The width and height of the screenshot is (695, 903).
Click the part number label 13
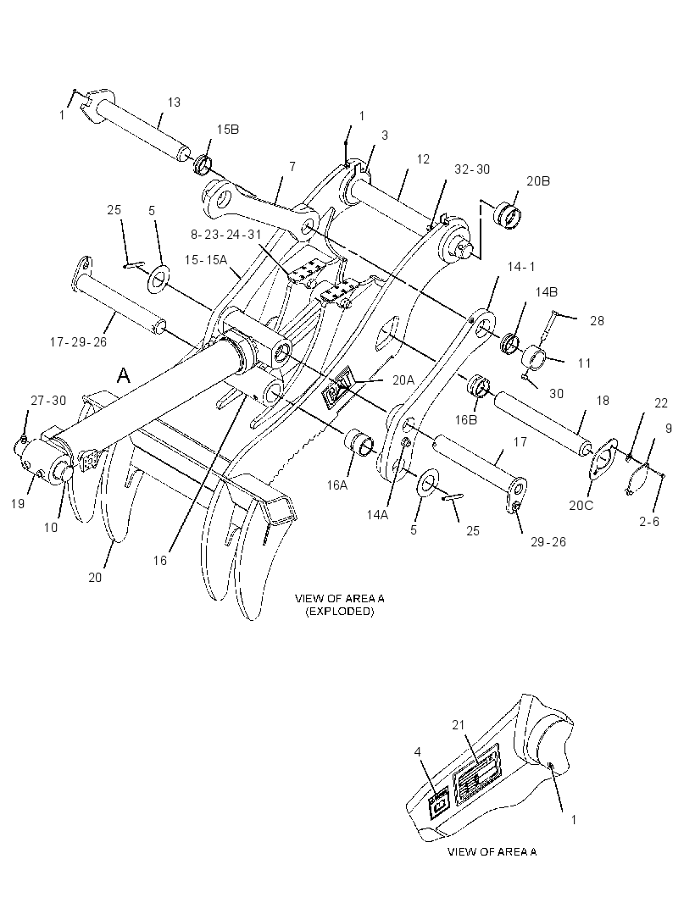coord(174,102)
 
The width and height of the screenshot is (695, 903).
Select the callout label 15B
coord(228,130)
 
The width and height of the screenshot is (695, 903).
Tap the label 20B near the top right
coord(538,180)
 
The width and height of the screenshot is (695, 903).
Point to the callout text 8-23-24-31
coord(225,235)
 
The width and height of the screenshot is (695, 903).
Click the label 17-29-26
coord(78,342)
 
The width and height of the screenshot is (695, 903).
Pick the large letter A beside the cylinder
coord(124,376)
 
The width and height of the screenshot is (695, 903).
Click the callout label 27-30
coord(48,401)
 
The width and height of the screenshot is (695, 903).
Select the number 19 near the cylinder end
coord(18,503)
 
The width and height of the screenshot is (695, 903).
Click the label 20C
coord(581,507)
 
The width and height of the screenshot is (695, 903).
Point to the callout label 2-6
coord(649,522)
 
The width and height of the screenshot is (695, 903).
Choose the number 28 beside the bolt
coord(597,321)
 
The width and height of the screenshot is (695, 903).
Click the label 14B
coord(547,292)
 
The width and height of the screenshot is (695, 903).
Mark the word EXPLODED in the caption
coord(339,612)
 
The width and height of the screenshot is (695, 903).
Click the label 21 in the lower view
coord(459,726)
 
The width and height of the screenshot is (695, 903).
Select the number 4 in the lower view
coord(418,752)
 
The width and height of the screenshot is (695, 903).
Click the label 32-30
coord(472,169)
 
